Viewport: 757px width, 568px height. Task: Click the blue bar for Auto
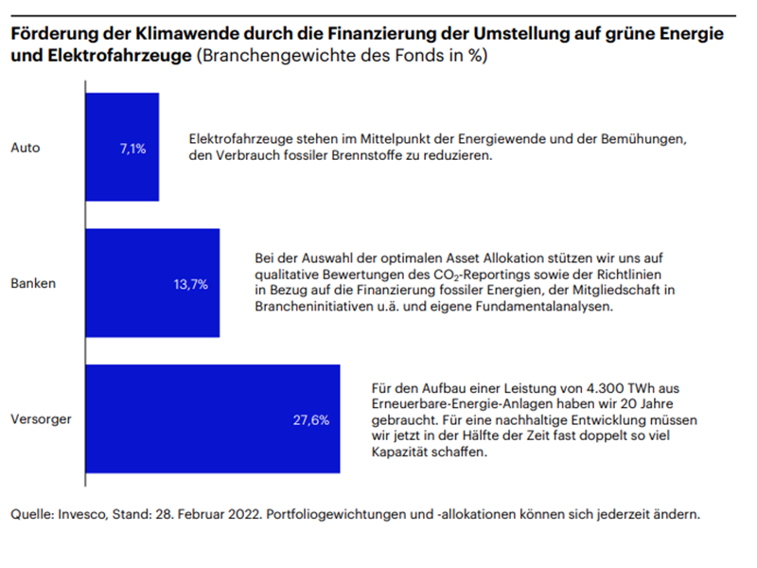coord(122,146)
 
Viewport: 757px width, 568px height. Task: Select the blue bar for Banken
coord(152,283)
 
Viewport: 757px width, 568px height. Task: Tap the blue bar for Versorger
coord(212,418)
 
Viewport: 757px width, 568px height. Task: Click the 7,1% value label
coord(132,148)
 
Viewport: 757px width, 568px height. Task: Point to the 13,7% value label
coord(189,284)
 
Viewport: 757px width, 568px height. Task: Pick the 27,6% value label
coord(309,419)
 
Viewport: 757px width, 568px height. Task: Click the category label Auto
coord(25,148)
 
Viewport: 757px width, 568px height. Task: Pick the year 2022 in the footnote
coord(254,515)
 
